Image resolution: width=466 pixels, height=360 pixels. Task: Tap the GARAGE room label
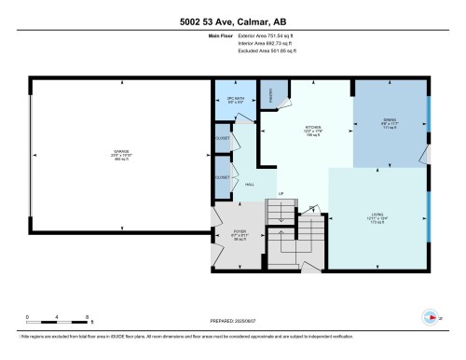point(120,153)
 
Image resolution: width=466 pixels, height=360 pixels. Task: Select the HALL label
point(249,185)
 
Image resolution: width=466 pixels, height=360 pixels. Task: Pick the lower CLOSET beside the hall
point(222,175)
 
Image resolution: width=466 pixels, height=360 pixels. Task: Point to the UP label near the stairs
point(280,193)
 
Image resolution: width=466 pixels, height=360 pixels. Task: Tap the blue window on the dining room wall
point(429,113)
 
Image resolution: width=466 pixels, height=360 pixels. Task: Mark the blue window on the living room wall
point(429,216)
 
